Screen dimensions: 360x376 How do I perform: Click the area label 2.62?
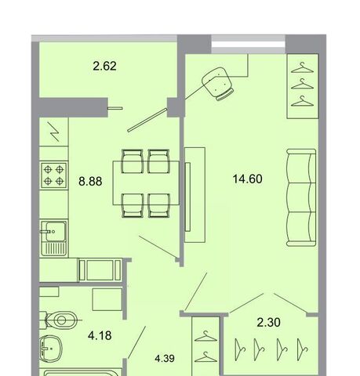(x=104, y=66)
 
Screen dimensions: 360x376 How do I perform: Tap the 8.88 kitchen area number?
(x=90, y=181)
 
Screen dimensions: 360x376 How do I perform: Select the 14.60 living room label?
(x=247, y=179)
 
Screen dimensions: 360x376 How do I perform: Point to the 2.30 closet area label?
(x=268, y=322)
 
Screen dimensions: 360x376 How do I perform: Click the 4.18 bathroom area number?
(x=100, y=335)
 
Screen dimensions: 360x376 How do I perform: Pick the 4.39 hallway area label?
(x=165, y=359)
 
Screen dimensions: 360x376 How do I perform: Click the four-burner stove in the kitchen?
(x=54, y=175)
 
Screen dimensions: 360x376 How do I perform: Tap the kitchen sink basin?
(x=56, y=231)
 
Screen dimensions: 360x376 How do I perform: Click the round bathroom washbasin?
(x=50, y=348)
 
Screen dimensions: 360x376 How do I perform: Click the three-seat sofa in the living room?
(x=301, y=197)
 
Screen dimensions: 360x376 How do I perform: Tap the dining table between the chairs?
(x=146, y=183)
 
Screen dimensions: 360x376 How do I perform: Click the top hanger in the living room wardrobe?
(x=302, y=67)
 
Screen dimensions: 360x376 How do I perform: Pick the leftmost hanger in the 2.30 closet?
(x=240, y=349)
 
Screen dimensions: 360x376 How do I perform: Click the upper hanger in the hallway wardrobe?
(x=205, y=337)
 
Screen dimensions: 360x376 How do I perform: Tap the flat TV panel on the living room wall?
(x=187, y=197)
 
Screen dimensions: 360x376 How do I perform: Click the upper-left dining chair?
(x=133, y=161)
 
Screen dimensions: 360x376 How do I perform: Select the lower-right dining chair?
(x=158, y=205)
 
